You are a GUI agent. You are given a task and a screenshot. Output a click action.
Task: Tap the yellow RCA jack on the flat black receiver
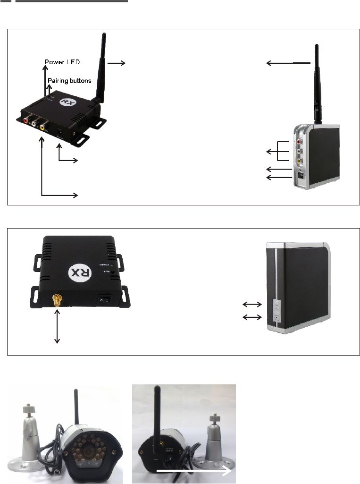pyautogui.click(x=43, y=126)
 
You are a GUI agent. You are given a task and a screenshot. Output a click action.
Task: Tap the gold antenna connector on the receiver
pyautogui.click(x=57, y=299)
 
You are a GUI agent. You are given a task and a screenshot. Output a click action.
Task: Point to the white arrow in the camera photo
pyautogui.click(x=193, y=471)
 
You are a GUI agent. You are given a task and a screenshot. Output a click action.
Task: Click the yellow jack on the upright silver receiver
pyautogui.click(x=299, y=161)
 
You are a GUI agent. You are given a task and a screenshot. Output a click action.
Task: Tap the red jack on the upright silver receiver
pyautogui.click(x=299, y=141)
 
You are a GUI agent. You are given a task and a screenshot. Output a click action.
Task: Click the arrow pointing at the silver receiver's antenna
pyautogui.click(x=288, y=63)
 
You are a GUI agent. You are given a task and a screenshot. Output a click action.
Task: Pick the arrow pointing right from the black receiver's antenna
pyautogui.click(x=116, y=63)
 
